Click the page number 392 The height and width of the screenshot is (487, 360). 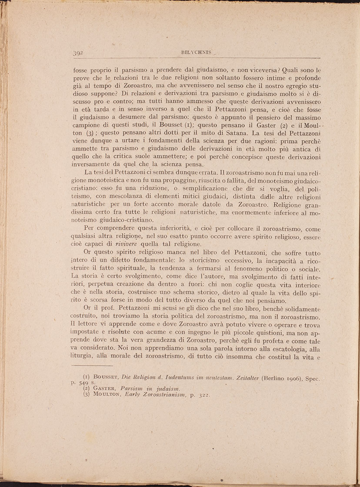click(x=78, y=53)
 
